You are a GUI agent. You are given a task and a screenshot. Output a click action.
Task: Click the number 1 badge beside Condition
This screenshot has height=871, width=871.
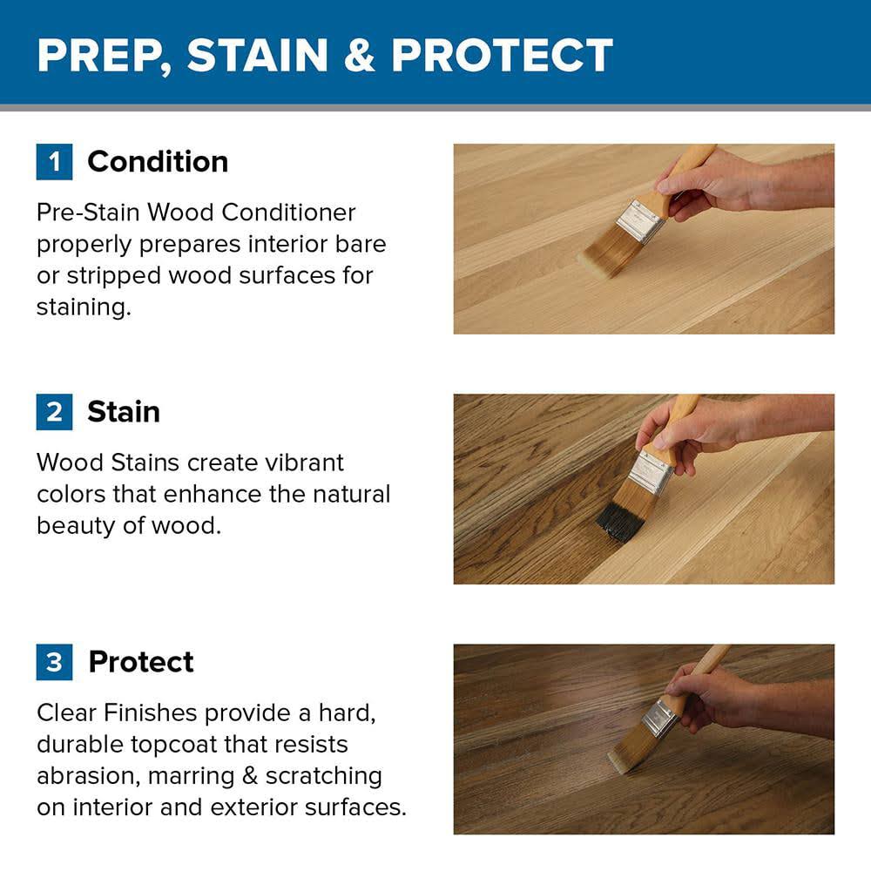(x=54, y=162)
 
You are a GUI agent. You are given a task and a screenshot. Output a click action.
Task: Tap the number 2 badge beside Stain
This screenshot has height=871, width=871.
(x=54, y=412)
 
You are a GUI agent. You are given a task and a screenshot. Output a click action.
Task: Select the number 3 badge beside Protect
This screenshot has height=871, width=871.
(x=54, y=662)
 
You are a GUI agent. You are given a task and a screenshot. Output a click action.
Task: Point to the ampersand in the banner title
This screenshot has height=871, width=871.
(x=359, y=55)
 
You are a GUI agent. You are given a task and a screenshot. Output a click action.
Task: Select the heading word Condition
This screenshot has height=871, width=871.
(x=158, y=162)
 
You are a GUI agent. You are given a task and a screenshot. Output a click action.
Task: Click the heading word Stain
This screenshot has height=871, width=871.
(x=124, y=412)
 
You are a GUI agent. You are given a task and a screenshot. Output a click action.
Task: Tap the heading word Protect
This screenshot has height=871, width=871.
(x=141, y=662)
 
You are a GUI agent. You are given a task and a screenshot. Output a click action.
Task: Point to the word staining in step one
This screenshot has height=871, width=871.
(x=84, y=307)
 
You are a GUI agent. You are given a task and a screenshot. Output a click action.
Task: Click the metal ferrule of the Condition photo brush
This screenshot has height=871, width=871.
(x=640, y=221)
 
